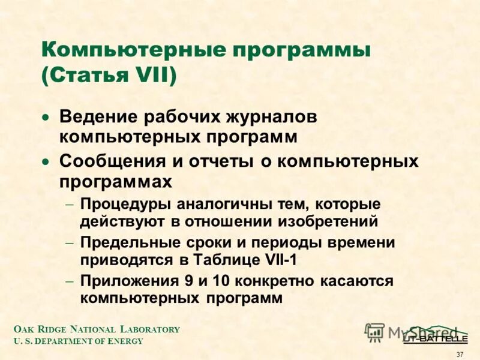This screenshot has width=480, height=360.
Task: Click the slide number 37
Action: click(x=460, y=354)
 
